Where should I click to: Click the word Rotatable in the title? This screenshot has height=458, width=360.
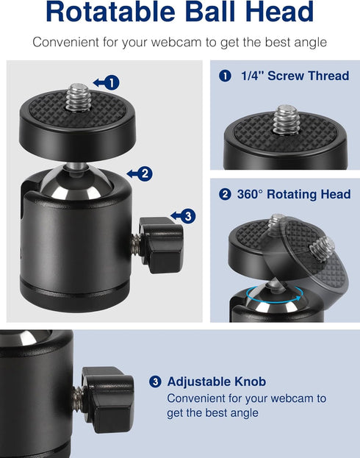[x=110, y=12]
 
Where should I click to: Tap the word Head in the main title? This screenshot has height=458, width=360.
[x=280, y=12]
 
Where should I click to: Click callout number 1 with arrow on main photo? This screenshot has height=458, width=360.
[x=107, y=82]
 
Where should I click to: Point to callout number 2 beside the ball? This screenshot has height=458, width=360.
[x=140, y=173]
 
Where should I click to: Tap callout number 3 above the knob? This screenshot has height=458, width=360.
[x=183, y=216]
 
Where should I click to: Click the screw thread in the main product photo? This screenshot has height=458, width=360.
[x=78, y=98]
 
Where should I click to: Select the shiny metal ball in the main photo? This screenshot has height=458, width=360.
[x=76, y=183]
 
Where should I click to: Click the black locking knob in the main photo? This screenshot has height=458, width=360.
[x=161, y=245]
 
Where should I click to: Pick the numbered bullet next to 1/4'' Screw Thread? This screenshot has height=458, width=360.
[x=225, y=76]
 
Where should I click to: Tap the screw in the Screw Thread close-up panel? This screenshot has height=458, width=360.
[x=285, y=119]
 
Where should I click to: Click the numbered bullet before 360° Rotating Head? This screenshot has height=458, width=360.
[x=225, y=195]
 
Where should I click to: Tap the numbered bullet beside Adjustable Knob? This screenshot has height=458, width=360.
[x=155, y=382]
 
